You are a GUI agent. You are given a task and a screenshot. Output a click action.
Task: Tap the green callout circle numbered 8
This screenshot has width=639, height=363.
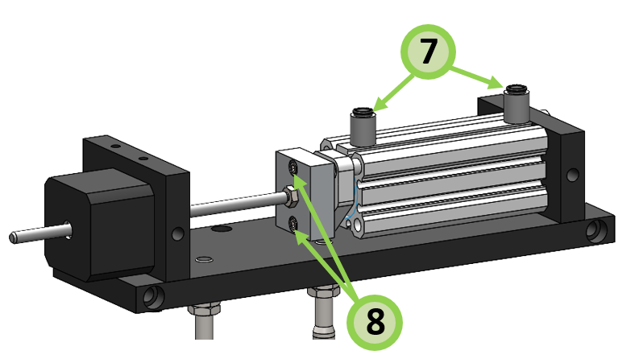(x=376, y=321)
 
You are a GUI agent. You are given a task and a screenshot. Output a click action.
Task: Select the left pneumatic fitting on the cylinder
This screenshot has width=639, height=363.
(x=362, y=124)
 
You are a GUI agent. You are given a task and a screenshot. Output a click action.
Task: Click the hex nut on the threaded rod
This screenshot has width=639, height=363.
(x=288, y=194)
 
